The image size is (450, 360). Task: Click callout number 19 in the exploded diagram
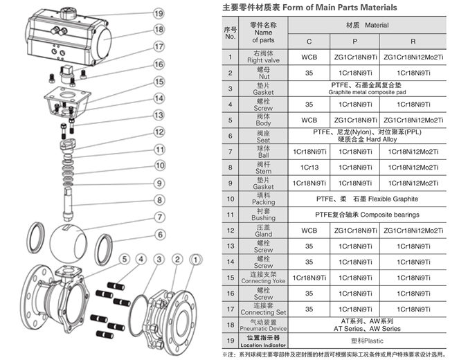point(159,13)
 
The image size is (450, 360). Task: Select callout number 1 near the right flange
point(196,259)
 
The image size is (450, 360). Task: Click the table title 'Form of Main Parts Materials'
point(340,8)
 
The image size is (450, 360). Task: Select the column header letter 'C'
point(309,42)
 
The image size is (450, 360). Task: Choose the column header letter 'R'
point(413,42)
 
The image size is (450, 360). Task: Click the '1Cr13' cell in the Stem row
point(309,167)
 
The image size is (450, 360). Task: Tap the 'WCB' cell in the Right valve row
point(309,56)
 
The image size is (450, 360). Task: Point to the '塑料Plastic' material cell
point(361,341)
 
